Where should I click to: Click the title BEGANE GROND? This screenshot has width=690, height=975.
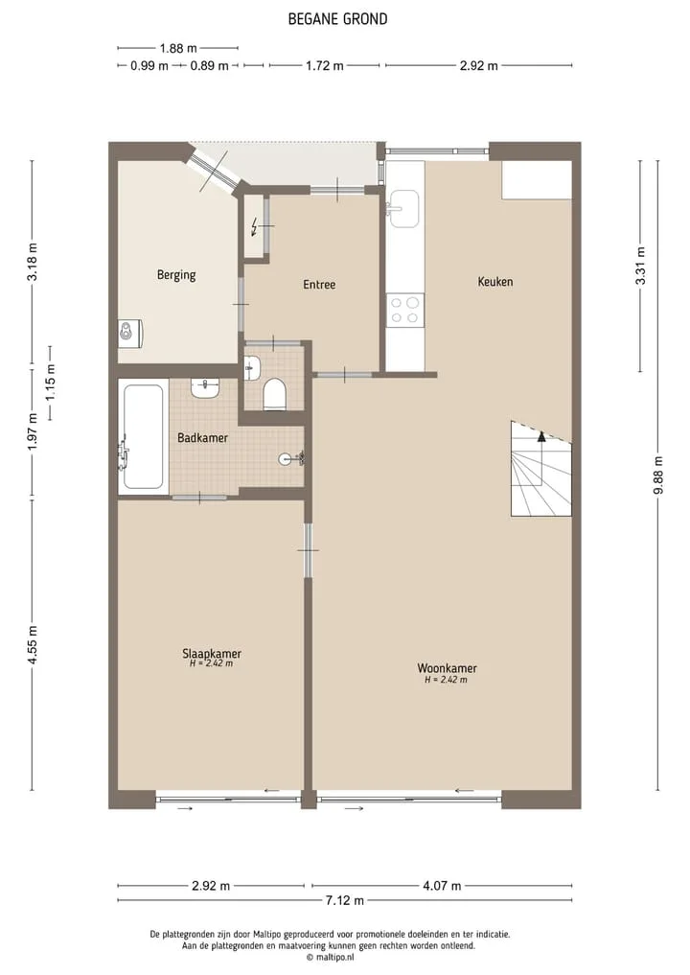click(337, 19)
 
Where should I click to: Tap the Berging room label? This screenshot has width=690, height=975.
click(176, 275)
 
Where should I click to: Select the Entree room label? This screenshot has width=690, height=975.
click(319, 285)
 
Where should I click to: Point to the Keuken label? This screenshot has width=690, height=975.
click(495, 282)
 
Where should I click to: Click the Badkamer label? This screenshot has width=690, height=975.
click(202, 438)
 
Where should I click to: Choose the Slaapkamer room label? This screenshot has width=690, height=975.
click(212, 654)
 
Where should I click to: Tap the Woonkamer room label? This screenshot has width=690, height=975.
click(447, 668)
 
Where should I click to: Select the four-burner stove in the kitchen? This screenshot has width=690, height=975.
click(404, 311)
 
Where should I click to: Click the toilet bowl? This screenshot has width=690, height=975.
click(274, 396)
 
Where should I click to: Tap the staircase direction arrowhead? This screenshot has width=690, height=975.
click(541, 436)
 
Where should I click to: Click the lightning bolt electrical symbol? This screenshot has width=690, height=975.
click(254, 227)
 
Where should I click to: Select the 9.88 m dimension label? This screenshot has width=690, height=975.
click(659, 476)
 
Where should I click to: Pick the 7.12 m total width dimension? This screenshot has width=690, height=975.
click(344, 900)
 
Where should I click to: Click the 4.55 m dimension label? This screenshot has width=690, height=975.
click(33, 645)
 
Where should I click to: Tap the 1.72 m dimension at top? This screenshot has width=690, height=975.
click(325, 65)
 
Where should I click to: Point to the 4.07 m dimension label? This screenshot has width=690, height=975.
click(442, 886)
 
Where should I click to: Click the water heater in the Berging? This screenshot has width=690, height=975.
click(130, 334)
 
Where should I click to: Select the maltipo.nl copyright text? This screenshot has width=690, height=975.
click(330, 958)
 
